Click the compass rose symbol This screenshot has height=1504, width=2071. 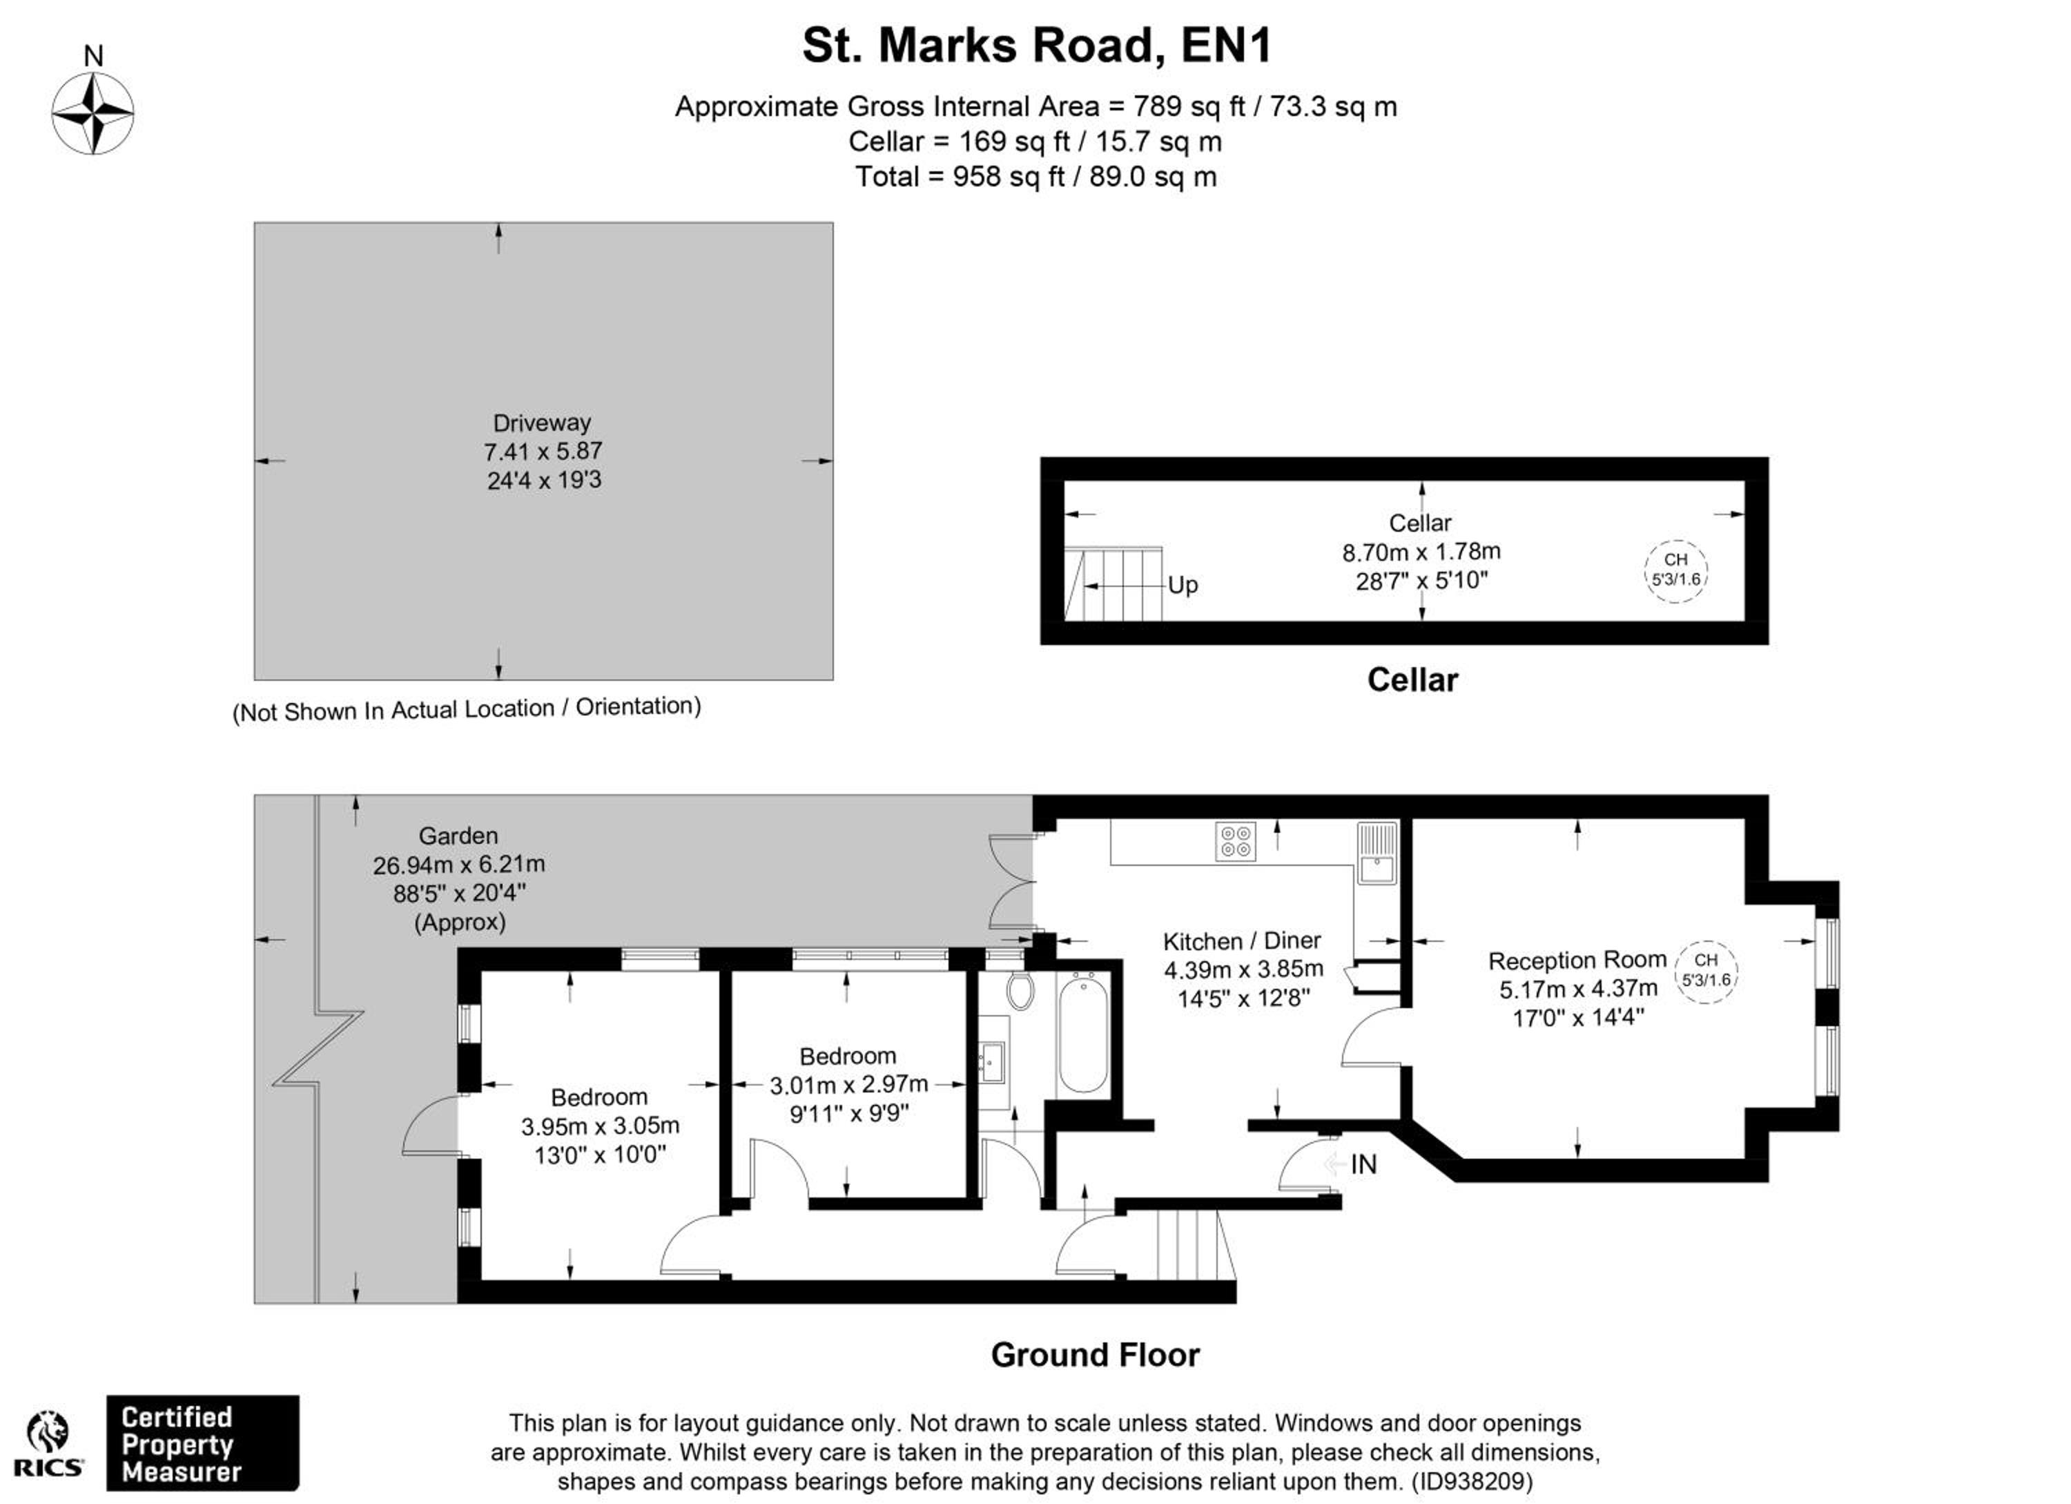(93, 113)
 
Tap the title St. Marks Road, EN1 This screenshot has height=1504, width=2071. (1036, 46)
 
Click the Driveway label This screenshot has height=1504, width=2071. (541, 423)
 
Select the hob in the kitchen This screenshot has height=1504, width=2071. (1236, 841)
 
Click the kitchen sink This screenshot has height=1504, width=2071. (1376, 853)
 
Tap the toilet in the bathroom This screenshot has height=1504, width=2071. (1020, 990)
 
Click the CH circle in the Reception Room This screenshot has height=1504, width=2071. (1706, 972)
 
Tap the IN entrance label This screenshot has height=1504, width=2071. (1363, 1164)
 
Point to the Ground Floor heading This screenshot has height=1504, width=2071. (1095, 1355)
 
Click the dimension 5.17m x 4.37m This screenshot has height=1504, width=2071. (1578, 989)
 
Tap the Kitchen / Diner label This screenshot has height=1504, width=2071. (1242, 941)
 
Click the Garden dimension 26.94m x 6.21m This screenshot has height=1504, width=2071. (458, 864)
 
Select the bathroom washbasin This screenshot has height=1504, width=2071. (992, 1061)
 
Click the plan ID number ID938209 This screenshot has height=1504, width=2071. (1471, 1481)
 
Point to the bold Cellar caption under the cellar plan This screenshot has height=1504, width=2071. (1412, 679)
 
